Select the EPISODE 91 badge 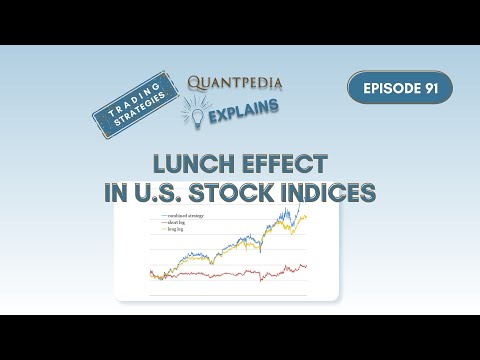(x=400, y=88)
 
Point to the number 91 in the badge (x=429, y=88)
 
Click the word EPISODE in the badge (x=385, y=88)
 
